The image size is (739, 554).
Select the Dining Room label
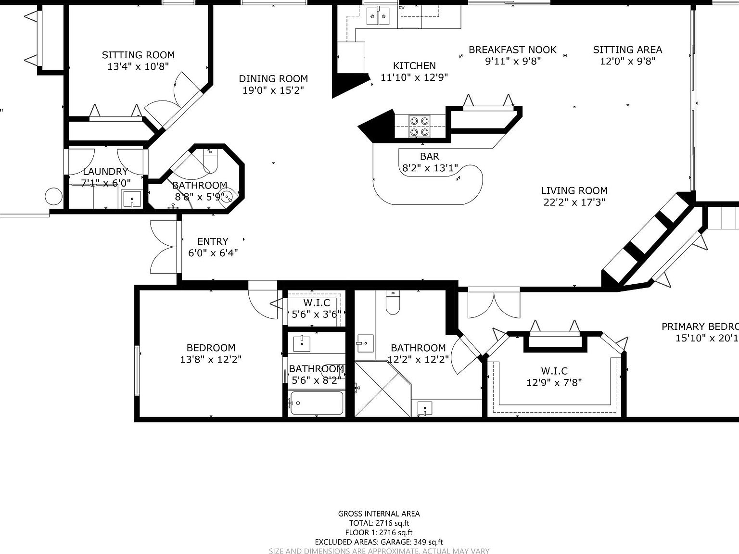coord(273,79)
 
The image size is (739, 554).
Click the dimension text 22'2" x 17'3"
coord(574,202)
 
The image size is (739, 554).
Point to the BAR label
coord(429,156)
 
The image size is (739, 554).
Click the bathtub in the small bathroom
coord(317,403)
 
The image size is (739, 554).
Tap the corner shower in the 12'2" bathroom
coord(382,389)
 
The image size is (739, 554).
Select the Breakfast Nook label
coord(512,50)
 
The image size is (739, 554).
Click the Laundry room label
coord(105,172)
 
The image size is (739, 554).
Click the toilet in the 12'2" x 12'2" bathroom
coord(393,302)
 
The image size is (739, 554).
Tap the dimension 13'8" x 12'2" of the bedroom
coord(211,359)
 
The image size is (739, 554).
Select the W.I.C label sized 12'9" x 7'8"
coord(554,371)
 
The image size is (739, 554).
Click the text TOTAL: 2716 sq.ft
coord(379,523)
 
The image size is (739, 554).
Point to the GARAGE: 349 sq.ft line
coord(379,542)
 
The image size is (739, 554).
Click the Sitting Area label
coord(627,50)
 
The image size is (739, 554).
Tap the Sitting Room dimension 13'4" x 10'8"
coord(138,67)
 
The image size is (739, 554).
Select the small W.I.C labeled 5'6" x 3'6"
coord(317,302)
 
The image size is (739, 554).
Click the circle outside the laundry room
coord(53,196)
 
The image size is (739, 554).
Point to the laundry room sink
coord(131,199)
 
